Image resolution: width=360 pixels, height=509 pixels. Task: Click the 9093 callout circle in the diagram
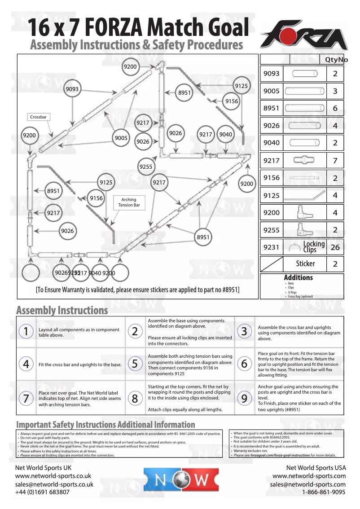[x=72, y=89]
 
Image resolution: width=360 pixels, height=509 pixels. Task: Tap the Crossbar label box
[x=38, y=117]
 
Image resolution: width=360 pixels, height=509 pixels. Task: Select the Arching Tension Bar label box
[x=129, y=202]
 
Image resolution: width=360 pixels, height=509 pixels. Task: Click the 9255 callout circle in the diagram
[x=146, y=167]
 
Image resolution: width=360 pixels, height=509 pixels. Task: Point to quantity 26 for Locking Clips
[x=335, y=247]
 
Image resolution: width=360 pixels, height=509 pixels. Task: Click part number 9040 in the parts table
[x=271, y=143]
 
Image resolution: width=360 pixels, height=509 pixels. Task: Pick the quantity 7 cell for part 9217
[x=335, y=160]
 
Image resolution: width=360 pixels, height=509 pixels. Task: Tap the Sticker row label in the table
[x=305, y=263]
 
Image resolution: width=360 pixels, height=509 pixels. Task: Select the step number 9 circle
[x=244, y=398]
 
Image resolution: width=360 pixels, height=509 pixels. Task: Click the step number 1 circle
[x=26, y=332]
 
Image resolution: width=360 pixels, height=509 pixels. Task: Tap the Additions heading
[x=298, y=278]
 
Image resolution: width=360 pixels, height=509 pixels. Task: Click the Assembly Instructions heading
[x=62, y=310]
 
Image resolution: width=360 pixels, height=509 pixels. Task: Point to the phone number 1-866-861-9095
[x=324, y=492]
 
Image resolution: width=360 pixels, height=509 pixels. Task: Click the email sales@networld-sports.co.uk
[x=54, y=484]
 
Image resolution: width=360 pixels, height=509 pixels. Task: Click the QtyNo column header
[x=333, y=60]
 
